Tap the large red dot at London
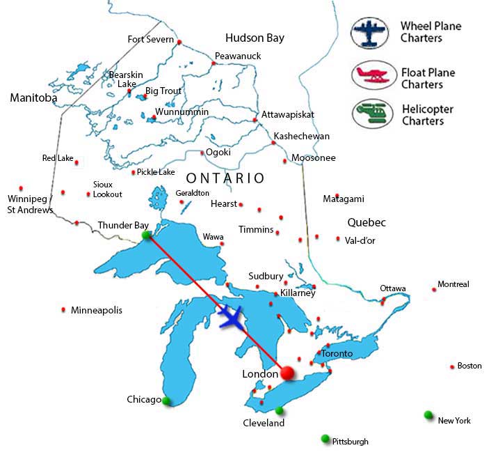pos(287,373)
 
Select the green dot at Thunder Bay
pos(147,236)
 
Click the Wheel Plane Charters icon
pos(370,33)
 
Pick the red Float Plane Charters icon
pos(370,75)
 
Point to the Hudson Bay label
pos(255,38)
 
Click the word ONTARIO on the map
pos(225,178)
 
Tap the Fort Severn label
pos(151,39)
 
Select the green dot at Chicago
pos(166,401)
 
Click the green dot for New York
pos(428,415)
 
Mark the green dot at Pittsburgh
pos(325,438)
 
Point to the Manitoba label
pos(33,98)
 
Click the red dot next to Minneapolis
pos(64,310)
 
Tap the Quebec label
pos(366,223)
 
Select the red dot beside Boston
pos(452,366)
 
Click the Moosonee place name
pos(313,158)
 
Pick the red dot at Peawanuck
pos(214,63)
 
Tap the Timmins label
pos(256,229)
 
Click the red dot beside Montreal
pos(434,289)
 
